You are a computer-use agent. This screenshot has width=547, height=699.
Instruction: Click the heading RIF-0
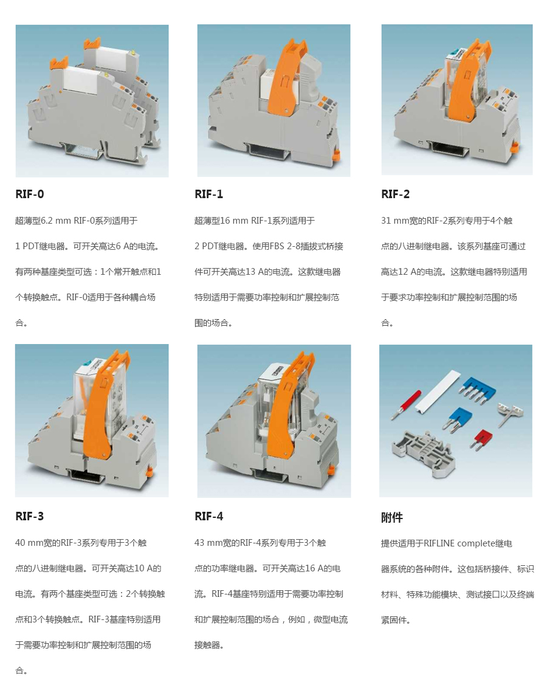(29, 194)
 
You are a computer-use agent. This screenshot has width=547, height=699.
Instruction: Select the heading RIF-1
(208, 194)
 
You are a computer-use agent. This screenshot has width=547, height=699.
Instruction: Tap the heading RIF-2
(396, 194)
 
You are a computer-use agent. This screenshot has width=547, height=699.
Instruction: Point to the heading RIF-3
(29, 516)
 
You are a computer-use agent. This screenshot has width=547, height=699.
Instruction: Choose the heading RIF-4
(208, 516)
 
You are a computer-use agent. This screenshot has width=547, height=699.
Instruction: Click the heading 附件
(392, 517)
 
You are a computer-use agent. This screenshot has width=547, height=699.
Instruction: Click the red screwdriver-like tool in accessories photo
(406, 404)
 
